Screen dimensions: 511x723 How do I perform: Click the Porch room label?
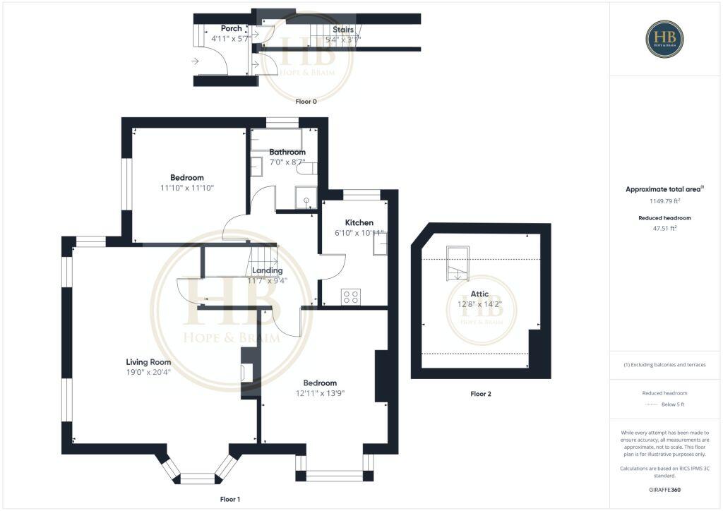[231, 28]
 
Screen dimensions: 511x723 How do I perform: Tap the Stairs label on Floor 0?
[343, 30]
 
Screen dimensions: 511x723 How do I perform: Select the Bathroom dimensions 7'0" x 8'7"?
[287, 163]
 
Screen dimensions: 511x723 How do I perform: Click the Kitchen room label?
[359, 223]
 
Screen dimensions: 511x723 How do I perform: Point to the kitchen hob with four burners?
[351, 297]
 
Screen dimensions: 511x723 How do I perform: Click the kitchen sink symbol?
[379, 243]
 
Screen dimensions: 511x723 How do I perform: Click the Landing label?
[268, 270]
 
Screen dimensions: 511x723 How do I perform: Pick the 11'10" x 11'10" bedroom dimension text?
[186, 188]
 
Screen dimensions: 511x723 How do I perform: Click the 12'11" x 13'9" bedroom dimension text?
[320, 393]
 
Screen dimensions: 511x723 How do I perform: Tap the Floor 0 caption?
[306, 102]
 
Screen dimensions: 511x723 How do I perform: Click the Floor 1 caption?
[230, 499]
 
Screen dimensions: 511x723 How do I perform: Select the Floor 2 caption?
[480, 394]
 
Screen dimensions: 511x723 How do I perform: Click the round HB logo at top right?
[664, 39]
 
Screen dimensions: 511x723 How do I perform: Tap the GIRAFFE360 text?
[664, 490]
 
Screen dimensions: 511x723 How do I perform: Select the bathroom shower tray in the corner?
[306, 199]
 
